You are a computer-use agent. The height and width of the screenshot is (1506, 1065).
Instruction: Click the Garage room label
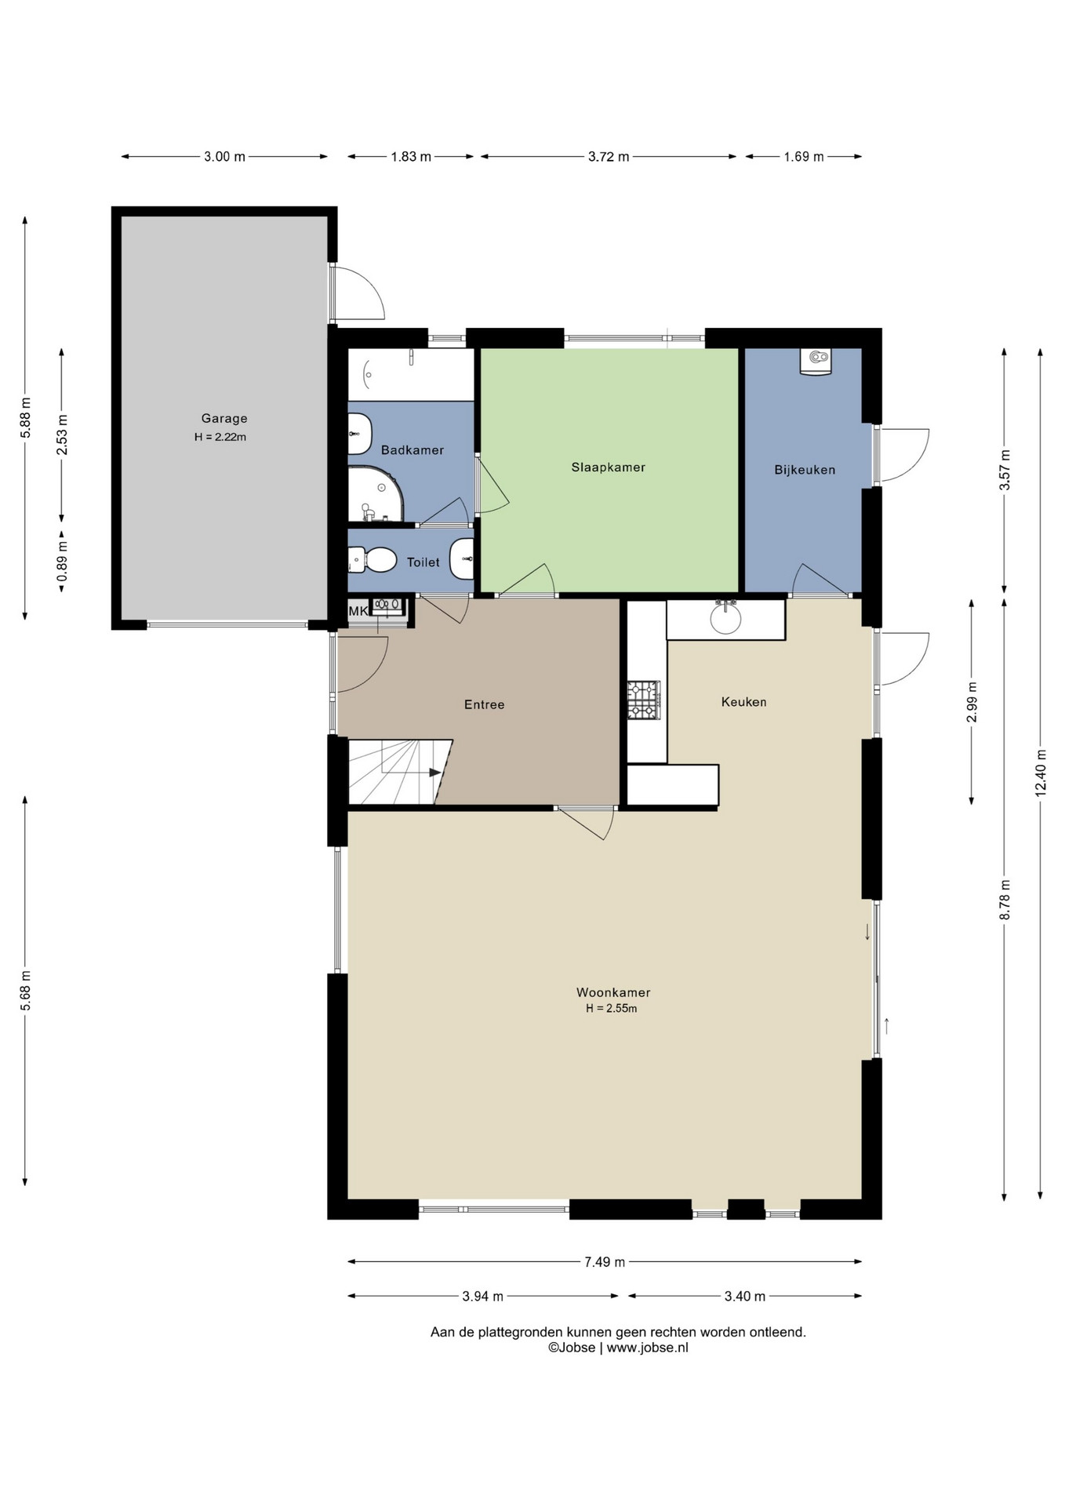tap(224, 419)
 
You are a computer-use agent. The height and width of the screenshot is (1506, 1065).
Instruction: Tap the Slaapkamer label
tap(609, 467)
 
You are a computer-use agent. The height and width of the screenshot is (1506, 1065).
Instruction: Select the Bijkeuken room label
tap(805, 470)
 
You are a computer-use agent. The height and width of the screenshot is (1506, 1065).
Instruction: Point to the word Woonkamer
tap(613, 992)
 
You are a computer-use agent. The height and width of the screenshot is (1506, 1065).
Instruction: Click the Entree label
tap(484, 704)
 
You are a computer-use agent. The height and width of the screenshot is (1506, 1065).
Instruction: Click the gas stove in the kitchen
tap(644, 700)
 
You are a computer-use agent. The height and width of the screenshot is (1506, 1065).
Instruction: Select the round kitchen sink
tap(725, 618)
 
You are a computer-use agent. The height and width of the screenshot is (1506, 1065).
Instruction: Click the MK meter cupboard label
tap(358, 611)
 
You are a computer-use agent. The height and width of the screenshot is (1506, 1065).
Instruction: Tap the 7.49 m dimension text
tap(605, 1262)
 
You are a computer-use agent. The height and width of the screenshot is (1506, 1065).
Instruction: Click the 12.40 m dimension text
tap(1041, 774)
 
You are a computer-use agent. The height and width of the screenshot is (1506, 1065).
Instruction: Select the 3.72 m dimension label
tap(609, 157)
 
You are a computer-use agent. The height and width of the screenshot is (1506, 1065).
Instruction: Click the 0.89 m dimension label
tap(62, 562)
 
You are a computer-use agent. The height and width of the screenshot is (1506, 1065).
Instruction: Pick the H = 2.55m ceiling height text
tap(612, 1009)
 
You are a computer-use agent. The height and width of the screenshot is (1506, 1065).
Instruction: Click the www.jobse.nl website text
tap(647, 1348)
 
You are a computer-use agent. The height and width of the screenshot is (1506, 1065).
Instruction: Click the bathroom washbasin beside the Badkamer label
tap(359, 434)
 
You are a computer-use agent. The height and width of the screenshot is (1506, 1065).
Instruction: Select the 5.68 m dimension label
tap(26, 991)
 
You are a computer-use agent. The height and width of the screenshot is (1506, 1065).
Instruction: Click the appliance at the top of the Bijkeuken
tap(816, 362)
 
